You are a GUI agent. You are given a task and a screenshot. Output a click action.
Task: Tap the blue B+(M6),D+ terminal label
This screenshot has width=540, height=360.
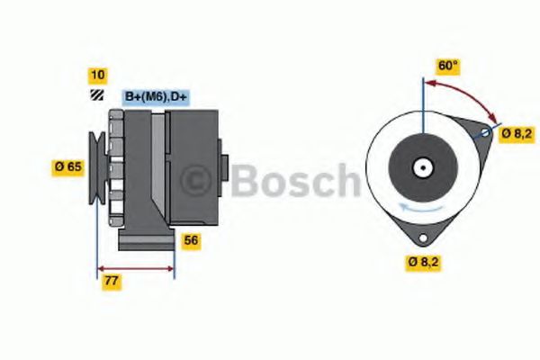coord(154,96)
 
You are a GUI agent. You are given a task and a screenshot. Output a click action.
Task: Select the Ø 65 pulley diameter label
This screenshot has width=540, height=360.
coord(69,166)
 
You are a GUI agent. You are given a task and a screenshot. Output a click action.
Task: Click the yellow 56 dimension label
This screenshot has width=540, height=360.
coord(191,240)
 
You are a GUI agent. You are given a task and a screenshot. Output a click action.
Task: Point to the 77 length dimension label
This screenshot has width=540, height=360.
coord(112,281)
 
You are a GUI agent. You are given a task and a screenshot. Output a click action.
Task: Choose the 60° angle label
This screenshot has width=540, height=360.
coord(447,66)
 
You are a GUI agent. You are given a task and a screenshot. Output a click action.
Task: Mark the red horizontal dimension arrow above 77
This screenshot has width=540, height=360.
coord(135,267)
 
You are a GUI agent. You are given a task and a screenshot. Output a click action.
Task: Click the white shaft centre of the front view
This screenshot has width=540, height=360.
coord(421,166)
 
